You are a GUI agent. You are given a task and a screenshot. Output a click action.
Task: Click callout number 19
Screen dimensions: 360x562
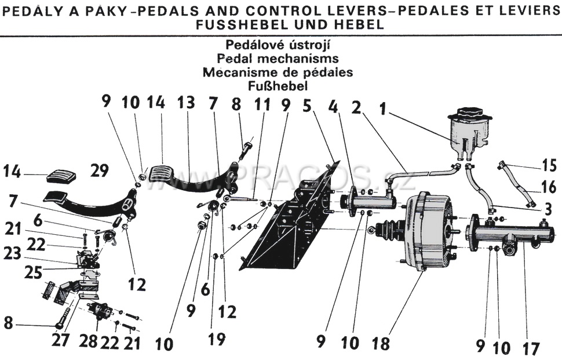pyautogui.click(x=216, y=340)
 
